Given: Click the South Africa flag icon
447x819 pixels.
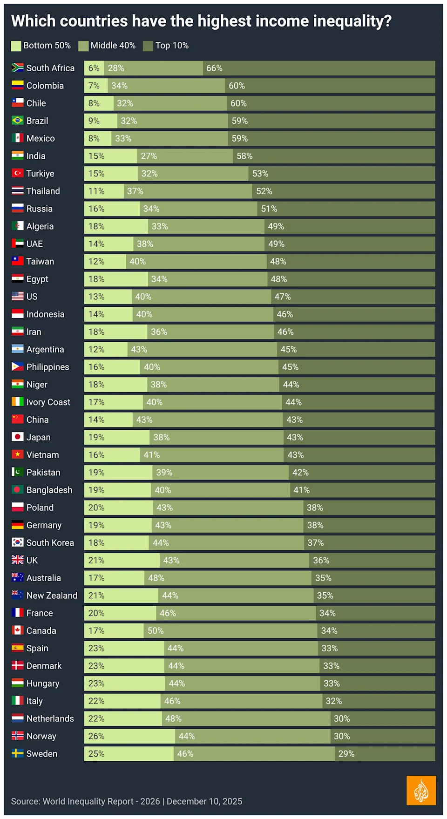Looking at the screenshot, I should [17, 68].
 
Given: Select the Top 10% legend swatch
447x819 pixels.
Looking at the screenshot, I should [148, 46].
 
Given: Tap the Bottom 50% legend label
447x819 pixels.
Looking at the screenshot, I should [47, 46].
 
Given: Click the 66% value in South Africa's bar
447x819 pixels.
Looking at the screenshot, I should [214, 68].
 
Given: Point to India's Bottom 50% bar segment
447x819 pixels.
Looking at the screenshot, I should [110, 156].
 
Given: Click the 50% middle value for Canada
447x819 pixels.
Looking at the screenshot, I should [156, 631].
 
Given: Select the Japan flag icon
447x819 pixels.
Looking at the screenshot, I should [17, 437].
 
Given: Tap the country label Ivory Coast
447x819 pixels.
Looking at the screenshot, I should [48, 402].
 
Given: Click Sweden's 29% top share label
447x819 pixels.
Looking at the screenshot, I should [346, 754].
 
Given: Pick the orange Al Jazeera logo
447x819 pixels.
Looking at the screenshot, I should [421, 790].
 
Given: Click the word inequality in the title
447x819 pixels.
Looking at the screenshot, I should [347, 21].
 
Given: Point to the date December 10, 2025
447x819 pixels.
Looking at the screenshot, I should [204, 801].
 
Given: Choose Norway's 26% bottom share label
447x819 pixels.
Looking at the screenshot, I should [96, 736].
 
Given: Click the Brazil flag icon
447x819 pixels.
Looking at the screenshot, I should [17, 121].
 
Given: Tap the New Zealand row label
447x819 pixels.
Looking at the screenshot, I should [52, 596].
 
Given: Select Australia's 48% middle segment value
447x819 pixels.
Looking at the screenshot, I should [156, 578].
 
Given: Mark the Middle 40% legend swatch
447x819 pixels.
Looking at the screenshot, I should [83, 46].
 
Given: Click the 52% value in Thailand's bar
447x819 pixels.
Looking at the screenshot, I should [264, 191].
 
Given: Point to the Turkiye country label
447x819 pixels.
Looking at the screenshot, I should [40, 174].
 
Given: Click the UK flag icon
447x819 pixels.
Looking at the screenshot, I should [17, 560].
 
